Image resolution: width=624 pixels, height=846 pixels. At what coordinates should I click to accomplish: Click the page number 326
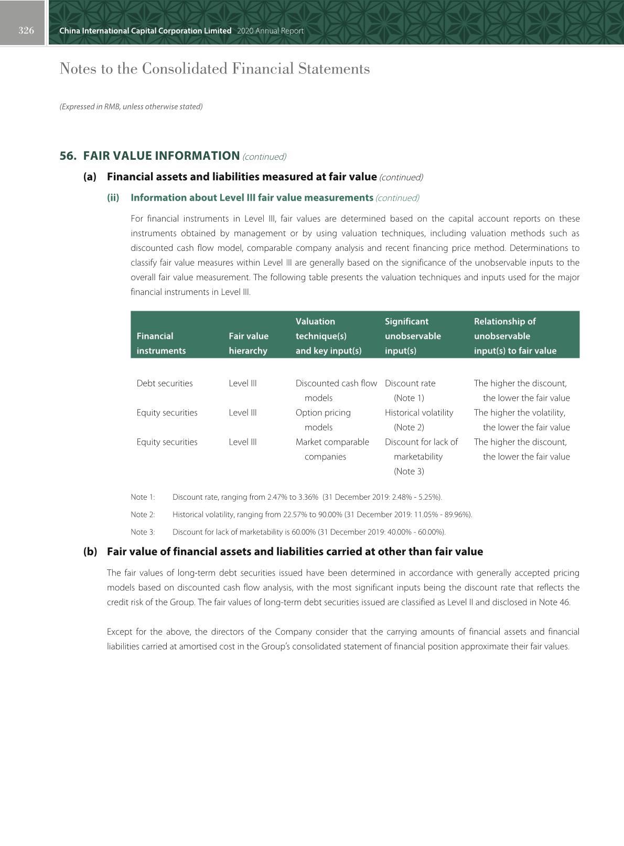tap(26, 30)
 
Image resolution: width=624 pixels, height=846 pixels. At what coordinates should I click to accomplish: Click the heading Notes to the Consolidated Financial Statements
tap(214, 69)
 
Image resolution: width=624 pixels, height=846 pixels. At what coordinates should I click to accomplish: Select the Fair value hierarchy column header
tap(249, 343)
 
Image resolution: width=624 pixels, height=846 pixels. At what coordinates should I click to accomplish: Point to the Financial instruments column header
tap(161, 343)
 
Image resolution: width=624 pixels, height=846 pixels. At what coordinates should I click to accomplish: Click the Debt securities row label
tap(165, 383)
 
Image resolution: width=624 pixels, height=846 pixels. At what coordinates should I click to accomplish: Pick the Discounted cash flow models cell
tap(336, 390)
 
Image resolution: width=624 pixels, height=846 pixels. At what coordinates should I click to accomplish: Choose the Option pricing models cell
tap(323, 420)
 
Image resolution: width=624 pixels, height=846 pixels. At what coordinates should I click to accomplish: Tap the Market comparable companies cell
tap(332, 449)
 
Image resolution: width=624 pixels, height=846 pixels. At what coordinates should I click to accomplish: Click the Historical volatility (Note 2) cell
tap(418, 420)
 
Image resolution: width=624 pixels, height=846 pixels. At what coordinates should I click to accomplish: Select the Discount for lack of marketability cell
tap(421, 456)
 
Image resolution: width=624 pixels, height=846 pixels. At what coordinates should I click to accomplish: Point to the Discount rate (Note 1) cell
tap(410, 390)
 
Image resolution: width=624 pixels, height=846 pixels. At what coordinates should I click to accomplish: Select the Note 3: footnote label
tap(143, 532)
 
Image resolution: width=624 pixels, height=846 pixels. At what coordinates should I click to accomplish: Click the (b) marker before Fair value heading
tap(90, 552)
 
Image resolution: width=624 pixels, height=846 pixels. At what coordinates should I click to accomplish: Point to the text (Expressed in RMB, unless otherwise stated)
tap(131, 106)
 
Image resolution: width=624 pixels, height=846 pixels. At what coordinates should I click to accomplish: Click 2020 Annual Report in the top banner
tap(270, 31)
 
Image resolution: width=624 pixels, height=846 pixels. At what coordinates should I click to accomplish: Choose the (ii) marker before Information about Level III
tap(113, 198)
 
